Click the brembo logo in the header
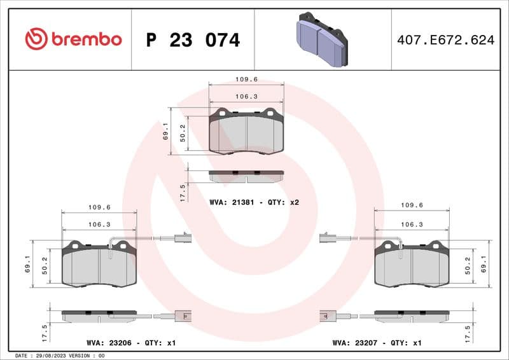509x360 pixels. coord(73,39)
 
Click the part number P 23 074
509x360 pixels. coord(193,40)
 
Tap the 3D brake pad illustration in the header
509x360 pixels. coord(323,40)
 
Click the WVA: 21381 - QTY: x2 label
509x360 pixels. coord(254,202)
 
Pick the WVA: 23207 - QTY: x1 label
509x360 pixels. coord(377,343)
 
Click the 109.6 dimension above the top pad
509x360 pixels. coord(246,80)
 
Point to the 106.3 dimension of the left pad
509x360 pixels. coord(99,225)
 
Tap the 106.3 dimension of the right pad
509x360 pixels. coord(412,225)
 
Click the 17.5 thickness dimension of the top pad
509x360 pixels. coord(183,192)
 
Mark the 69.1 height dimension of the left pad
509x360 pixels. coord(27,264)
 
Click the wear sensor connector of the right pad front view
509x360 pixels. coord(326,239)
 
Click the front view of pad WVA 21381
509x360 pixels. coord(246,131)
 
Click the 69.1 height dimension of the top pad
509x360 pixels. coord(166,131)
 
